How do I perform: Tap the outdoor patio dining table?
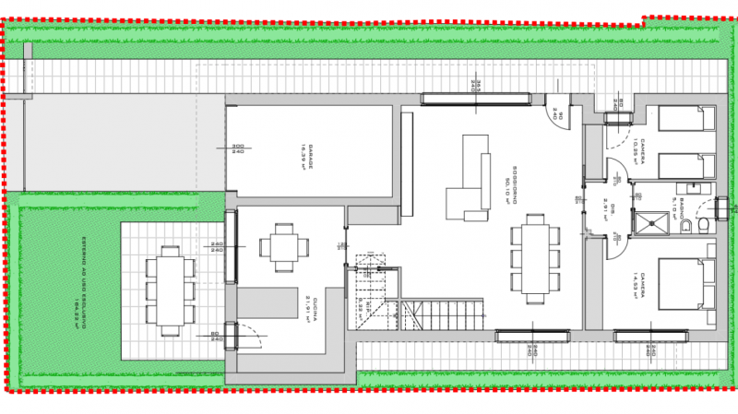[x=170, y=290]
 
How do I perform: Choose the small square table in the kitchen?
[x=279, y=246]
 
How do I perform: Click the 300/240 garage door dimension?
[x=237, y=148]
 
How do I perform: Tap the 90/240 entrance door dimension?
[x=558, y=114]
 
